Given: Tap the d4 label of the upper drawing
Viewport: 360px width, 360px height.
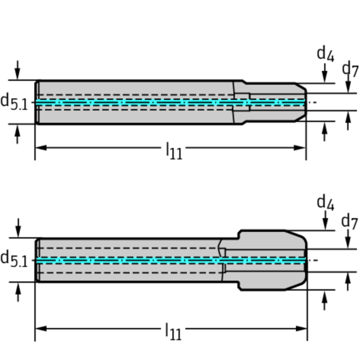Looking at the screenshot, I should [x=325, y=54].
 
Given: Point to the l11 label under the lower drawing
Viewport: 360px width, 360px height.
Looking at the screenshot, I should [x=174, y=332].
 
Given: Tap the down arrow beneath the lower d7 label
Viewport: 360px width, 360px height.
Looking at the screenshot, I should [x=348, y=241].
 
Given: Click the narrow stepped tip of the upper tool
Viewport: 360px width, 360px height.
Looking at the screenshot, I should [x=274, y=102].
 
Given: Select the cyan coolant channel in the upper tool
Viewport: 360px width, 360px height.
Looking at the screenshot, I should [x=135, y=103].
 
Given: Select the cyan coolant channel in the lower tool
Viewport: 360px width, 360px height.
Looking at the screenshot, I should [x=135, y=261].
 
